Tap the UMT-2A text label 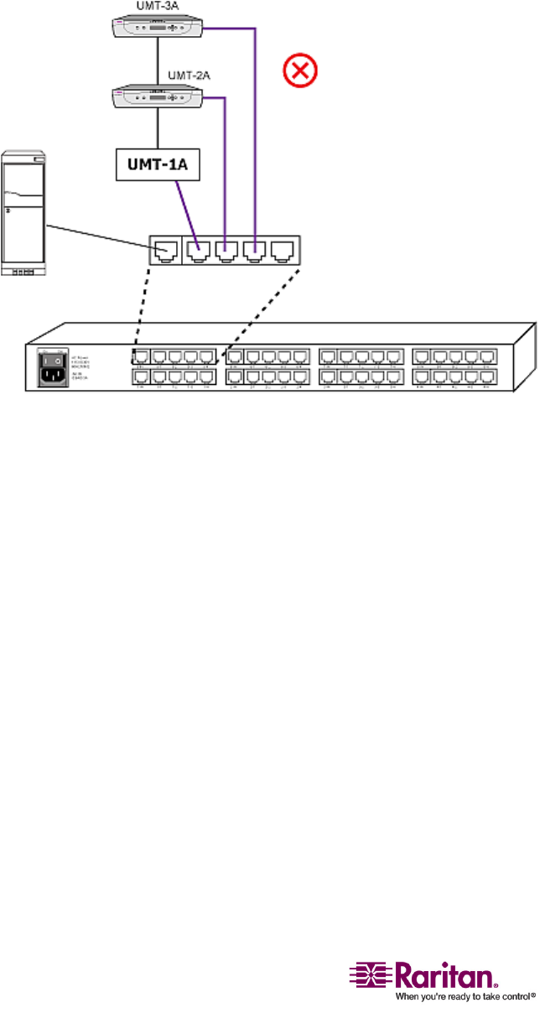click(x=188, y=75)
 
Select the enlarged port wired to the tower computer click(x=165, y=249)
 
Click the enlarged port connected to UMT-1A click(x=200, y=249)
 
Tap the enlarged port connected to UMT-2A click(x=225, y=249)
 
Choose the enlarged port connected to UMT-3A click(x=252, y=249)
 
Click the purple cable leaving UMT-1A click(x=185, y=210)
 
